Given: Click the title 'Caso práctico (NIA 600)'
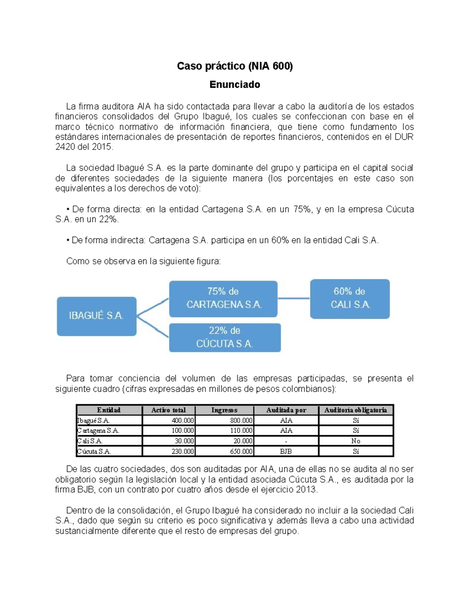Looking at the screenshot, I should [235, 66].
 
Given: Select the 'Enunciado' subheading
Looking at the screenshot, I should [235, 85].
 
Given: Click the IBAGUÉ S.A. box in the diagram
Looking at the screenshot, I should [96, 316].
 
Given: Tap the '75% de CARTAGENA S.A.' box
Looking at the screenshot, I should [223, 298].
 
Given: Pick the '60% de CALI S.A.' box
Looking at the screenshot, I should [350, 298].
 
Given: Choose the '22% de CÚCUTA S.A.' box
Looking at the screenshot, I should [224, 337].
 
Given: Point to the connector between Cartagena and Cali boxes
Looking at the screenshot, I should [294, 298].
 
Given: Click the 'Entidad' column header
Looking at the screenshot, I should [109, 410].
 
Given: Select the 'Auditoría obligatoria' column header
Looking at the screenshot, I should [355, 410].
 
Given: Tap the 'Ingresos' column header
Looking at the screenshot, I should [224, 410].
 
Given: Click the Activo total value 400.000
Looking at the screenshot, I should [183, 420].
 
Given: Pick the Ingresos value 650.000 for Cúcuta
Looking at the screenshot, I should [241, 451].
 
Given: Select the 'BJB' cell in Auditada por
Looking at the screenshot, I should [286, 451].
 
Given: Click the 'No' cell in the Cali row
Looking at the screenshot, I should [355, 441].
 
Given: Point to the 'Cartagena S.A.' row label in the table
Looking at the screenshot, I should [98, 431].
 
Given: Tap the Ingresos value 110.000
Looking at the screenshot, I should [241, 431].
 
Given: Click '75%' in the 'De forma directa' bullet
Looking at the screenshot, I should [302, 209].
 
